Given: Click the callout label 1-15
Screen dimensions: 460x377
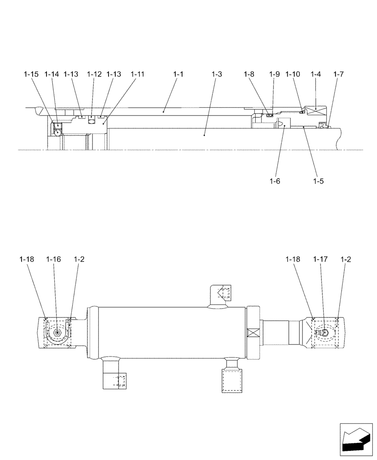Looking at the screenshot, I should [31, 74].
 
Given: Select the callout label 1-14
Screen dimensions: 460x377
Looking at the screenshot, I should [52, 74].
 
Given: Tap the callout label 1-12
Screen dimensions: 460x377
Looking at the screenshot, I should [94, 74].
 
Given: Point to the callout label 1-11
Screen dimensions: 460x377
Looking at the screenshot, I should [137, 74].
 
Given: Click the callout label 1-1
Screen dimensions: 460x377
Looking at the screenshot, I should [178, 74].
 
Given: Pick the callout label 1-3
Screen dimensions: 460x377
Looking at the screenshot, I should [217, 74].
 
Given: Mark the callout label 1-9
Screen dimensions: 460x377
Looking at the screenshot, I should [274, 74].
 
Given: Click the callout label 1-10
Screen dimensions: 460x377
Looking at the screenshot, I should [292, 74].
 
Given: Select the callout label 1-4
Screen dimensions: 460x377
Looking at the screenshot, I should [315, 74].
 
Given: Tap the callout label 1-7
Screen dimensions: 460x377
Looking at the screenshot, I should [338, 74].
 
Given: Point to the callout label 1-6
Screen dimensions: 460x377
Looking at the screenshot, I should [275, 181].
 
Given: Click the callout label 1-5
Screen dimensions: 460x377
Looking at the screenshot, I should [318, 181].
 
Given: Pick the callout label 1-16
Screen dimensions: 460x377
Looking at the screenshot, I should [53, 259].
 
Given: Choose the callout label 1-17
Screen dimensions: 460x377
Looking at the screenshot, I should [320, 259].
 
